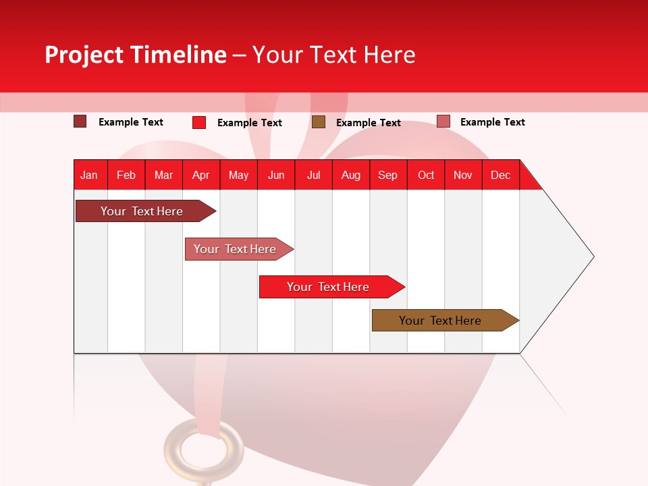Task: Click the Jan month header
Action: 90,175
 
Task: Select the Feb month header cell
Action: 126,175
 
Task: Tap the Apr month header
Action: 201,175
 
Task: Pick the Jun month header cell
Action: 276,175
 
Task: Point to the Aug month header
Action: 351,175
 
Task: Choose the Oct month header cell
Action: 426,175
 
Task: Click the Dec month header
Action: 501,175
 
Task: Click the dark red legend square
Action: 80,122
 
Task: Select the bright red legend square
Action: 199,122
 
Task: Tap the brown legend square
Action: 319,122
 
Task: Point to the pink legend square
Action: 443,122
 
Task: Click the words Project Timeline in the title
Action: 136,55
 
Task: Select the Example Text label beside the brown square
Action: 369,123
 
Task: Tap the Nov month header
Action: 463,175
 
